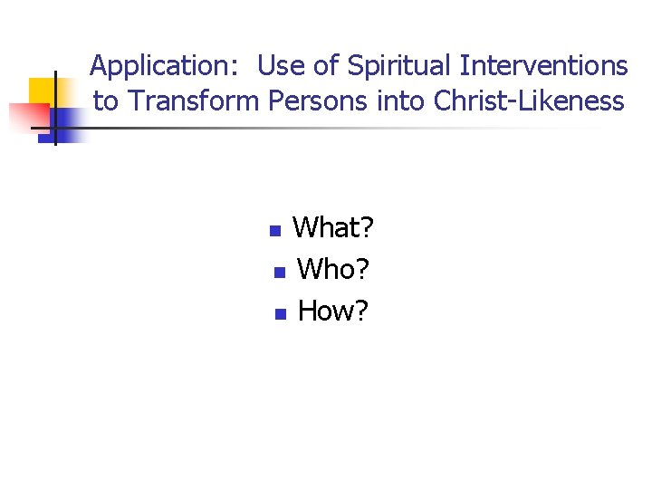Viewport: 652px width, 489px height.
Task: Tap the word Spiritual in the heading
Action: tap(400, 66)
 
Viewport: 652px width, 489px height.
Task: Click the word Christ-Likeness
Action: tap(530, 101)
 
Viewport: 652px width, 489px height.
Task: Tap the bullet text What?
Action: tap(333, 228)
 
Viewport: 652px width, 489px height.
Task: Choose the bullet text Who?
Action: tap(334, 269)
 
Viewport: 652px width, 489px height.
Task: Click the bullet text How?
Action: tap(333, 311)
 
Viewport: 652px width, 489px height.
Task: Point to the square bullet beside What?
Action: tap(276, 231)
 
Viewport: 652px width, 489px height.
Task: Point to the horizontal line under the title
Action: tap(344, 128)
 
